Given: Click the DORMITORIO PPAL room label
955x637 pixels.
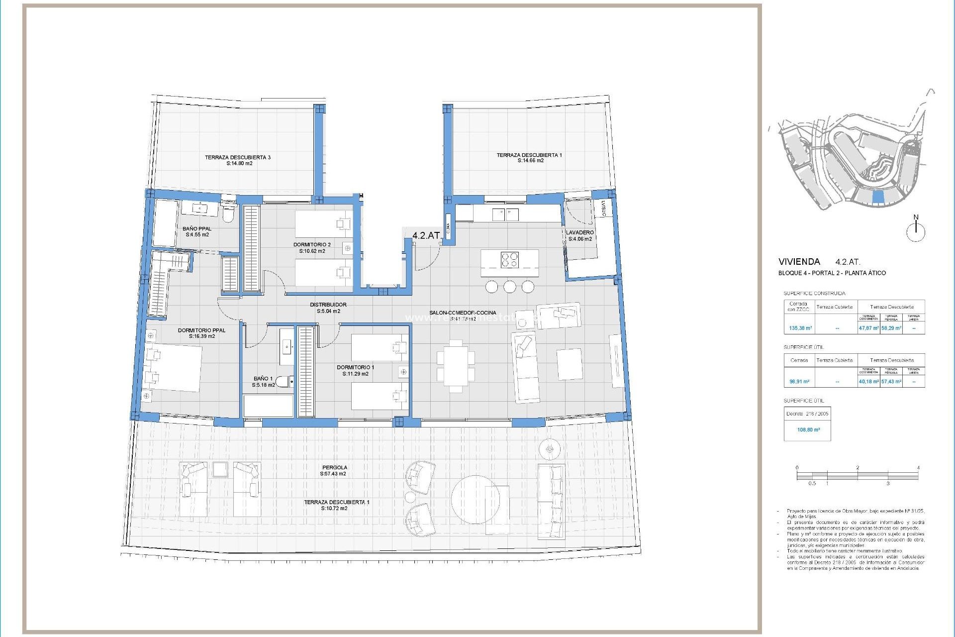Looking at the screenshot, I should pos(201,330).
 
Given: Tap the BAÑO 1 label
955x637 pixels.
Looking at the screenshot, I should pos(263,378).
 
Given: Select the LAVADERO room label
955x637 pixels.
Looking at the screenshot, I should pos(579,232).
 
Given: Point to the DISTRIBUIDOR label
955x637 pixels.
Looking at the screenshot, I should pos(328,305).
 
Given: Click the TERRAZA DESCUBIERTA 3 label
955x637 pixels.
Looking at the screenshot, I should pos(238,157).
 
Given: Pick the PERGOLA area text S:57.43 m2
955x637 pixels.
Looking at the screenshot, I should pos(333,474).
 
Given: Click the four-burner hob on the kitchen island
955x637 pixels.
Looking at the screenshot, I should pos(509,260).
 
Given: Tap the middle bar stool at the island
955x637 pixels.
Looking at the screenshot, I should pos(509,287).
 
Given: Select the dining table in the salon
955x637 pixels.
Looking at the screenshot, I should pos(456,366).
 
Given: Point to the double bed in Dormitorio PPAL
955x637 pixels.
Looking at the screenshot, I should pos(174,367).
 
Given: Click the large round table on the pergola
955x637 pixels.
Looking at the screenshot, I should pos(475,499).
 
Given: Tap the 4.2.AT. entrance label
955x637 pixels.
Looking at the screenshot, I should pos(427,235).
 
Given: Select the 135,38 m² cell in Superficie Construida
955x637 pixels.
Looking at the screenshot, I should pos(800,328).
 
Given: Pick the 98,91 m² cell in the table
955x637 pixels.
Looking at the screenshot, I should pos(799,382).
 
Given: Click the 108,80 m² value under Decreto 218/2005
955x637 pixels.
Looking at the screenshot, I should pos(808,429).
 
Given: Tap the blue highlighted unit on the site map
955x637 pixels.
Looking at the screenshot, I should pos(878,198).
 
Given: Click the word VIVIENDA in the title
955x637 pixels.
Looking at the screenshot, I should pos(799,261).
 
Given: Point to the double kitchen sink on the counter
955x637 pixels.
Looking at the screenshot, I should pos(505,214).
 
